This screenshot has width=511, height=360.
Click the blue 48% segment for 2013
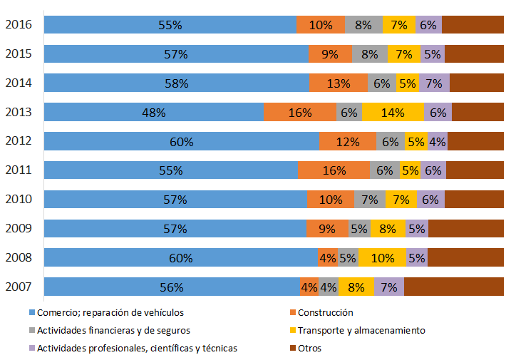pos(153,112)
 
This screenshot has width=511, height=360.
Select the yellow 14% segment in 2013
pos(393,112)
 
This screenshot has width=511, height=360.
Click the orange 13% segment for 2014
pos(339,83)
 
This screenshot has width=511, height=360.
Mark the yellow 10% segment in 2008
pos(382,258)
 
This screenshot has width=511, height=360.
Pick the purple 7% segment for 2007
pos(389,287)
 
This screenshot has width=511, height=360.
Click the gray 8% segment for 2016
pos(363,25)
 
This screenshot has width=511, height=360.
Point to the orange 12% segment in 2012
pos(347,141)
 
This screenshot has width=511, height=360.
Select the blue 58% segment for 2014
pos(176,83)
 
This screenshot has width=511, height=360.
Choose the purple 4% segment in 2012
pos(438,141)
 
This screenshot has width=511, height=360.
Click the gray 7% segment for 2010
pos(370,200)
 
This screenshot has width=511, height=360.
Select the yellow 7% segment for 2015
pos(404,53)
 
